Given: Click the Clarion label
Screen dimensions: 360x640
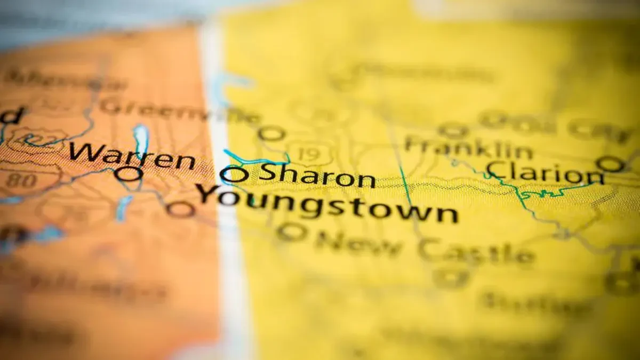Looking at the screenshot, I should (544, 173).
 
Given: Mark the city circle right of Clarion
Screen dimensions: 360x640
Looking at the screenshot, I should (610, 164).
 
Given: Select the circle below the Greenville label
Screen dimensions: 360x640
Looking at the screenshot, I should (271, 133).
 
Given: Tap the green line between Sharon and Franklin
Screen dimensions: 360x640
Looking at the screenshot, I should (405, 184).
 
